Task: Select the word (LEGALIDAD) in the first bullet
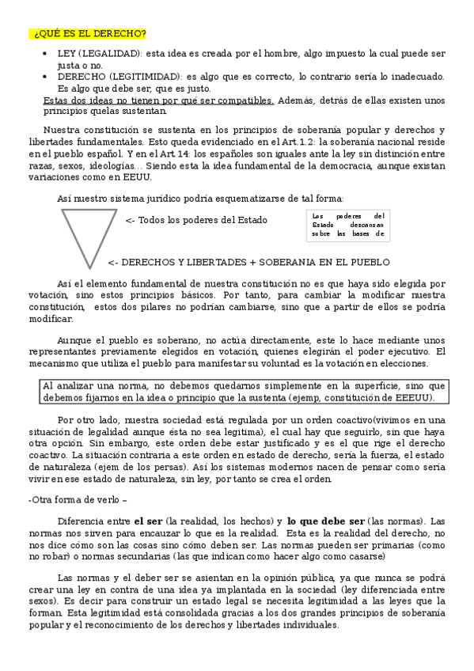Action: point(108,53)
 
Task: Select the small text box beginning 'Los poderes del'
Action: point(348,225)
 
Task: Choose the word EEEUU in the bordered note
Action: point(413,397)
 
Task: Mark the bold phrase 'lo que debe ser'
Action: point(326,522)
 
